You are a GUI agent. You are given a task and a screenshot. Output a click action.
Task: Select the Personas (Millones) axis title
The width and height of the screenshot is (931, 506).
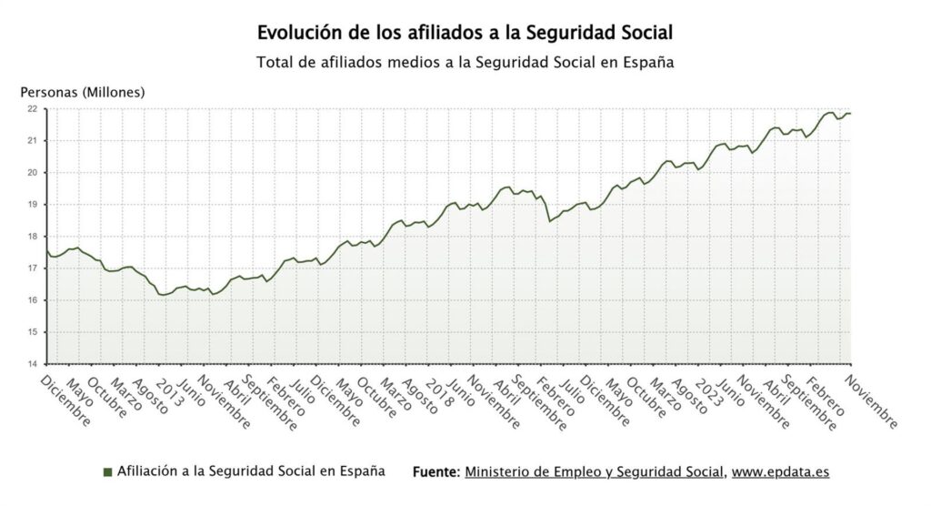83,92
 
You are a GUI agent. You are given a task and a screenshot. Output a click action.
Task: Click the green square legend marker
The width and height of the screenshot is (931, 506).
107,472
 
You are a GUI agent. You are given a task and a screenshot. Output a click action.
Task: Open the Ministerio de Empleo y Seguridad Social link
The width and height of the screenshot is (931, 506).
595,472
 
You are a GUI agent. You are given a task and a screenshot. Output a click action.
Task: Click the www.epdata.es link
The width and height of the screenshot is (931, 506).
780,472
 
